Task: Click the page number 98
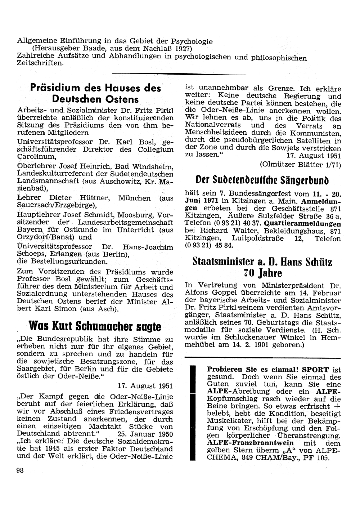tap(20, 470)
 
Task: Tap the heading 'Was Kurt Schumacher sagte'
tap(95, 326)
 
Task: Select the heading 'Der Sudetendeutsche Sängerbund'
tap(263, 179)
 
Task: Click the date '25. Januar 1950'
tap(145, 434)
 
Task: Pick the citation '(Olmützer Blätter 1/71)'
tap(300, 165)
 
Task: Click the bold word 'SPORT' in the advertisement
tap(315, 370)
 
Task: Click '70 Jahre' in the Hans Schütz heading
tap(262, 272)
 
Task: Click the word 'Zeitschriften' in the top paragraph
tap(40, 63)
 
